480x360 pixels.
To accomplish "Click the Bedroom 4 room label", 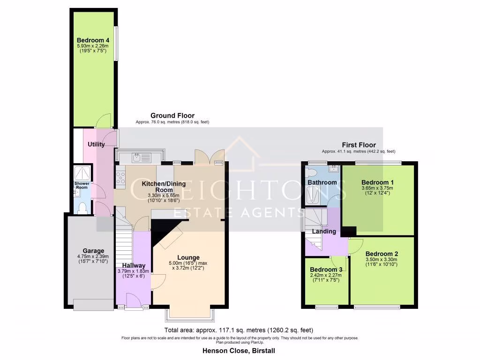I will click(x=93, y=40).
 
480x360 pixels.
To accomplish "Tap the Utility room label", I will click(x=96, y=144).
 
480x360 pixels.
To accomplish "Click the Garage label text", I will click(x=93, y=251).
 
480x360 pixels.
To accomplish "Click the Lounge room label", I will click(x=188, y=257).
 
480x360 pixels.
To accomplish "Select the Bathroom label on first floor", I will click(x=322, y=182).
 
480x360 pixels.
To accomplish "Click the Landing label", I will click(x=324, y=231).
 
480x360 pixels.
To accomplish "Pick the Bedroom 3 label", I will click(x=326, y=270).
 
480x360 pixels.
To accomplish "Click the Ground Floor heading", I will click(x=172, y=115).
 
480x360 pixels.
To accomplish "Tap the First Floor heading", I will click(x=359, y=145).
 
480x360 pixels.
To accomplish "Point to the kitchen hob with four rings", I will click(x=120, y=178).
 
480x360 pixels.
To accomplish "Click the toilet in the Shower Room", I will click(x=82, y=208).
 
